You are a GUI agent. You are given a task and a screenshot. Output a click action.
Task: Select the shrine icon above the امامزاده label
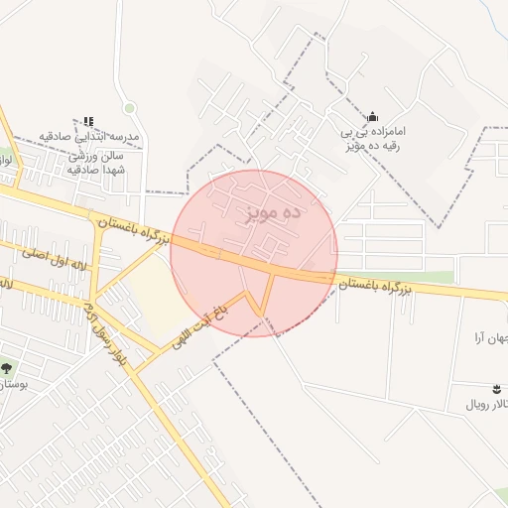[372, 116]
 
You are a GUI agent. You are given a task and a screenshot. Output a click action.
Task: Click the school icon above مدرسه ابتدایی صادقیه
[88, 121]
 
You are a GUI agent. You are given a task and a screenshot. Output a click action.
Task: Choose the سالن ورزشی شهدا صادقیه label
[93, 163]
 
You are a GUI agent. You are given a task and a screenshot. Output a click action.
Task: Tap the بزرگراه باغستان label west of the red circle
[135, 228]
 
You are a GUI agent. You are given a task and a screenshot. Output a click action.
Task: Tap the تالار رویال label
[487, 406]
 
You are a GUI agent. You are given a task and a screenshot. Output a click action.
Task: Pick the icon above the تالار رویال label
[496, 387]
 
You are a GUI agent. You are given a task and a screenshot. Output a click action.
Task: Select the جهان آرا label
[492, 338]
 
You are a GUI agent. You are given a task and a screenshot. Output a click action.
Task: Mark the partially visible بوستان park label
[12, 382]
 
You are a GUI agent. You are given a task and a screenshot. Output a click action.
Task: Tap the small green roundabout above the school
[129, 108]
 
